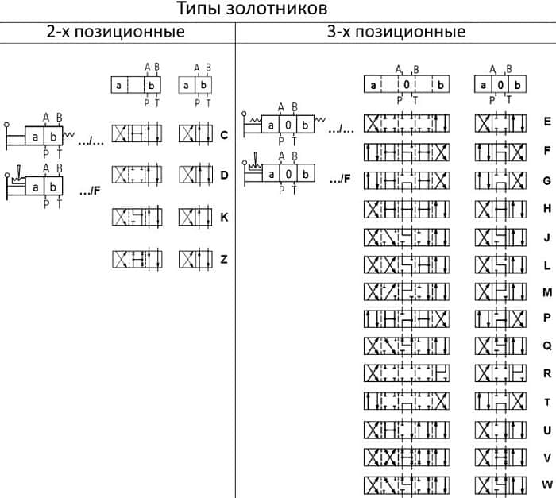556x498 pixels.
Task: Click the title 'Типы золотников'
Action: [252, 9]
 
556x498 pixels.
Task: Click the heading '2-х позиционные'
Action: [116, 32]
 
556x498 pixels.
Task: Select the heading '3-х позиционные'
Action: [396, 32]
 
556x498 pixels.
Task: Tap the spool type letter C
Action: [224, 135]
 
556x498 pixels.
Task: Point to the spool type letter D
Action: [224, 175]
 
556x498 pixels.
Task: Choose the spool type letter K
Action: [224, 217]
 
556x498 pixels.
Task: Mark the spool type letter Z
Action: [224, 259]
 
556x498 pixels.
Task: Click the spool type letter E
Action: [547, 122]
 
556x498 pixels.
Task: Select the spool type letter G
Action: [547, 181]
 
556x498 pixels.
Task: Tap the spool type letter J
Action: [547, 237]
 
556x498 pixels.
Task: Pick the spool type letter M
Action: [547, 292]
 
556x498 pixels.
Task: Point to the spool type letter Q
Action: [547, 346]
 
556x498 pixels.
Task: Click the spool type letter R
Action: [547, 373]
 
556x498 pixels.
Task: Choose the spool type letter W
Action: [547, 484]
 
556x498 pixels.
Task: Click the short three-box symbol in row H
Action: [500, 209]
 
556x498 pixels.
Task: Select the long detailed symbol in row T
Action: [407, 401]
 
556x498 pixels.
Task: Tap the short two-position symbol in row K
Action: [195, 217]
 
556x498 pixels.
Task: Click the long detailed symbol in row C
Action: [137, 133]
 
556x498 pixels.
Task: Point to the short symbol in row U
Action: [500, 430]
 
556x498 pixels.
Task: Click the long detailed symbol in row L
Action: [407, 265]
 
